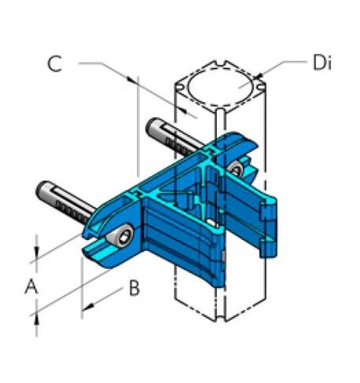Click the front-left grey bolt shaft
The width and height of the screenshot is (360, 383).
[67, 204]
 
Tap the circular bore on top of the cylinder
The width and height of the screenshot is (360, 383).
[222, 89]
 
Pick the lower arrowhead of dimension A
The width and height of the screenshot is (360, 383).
[35, 314]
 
